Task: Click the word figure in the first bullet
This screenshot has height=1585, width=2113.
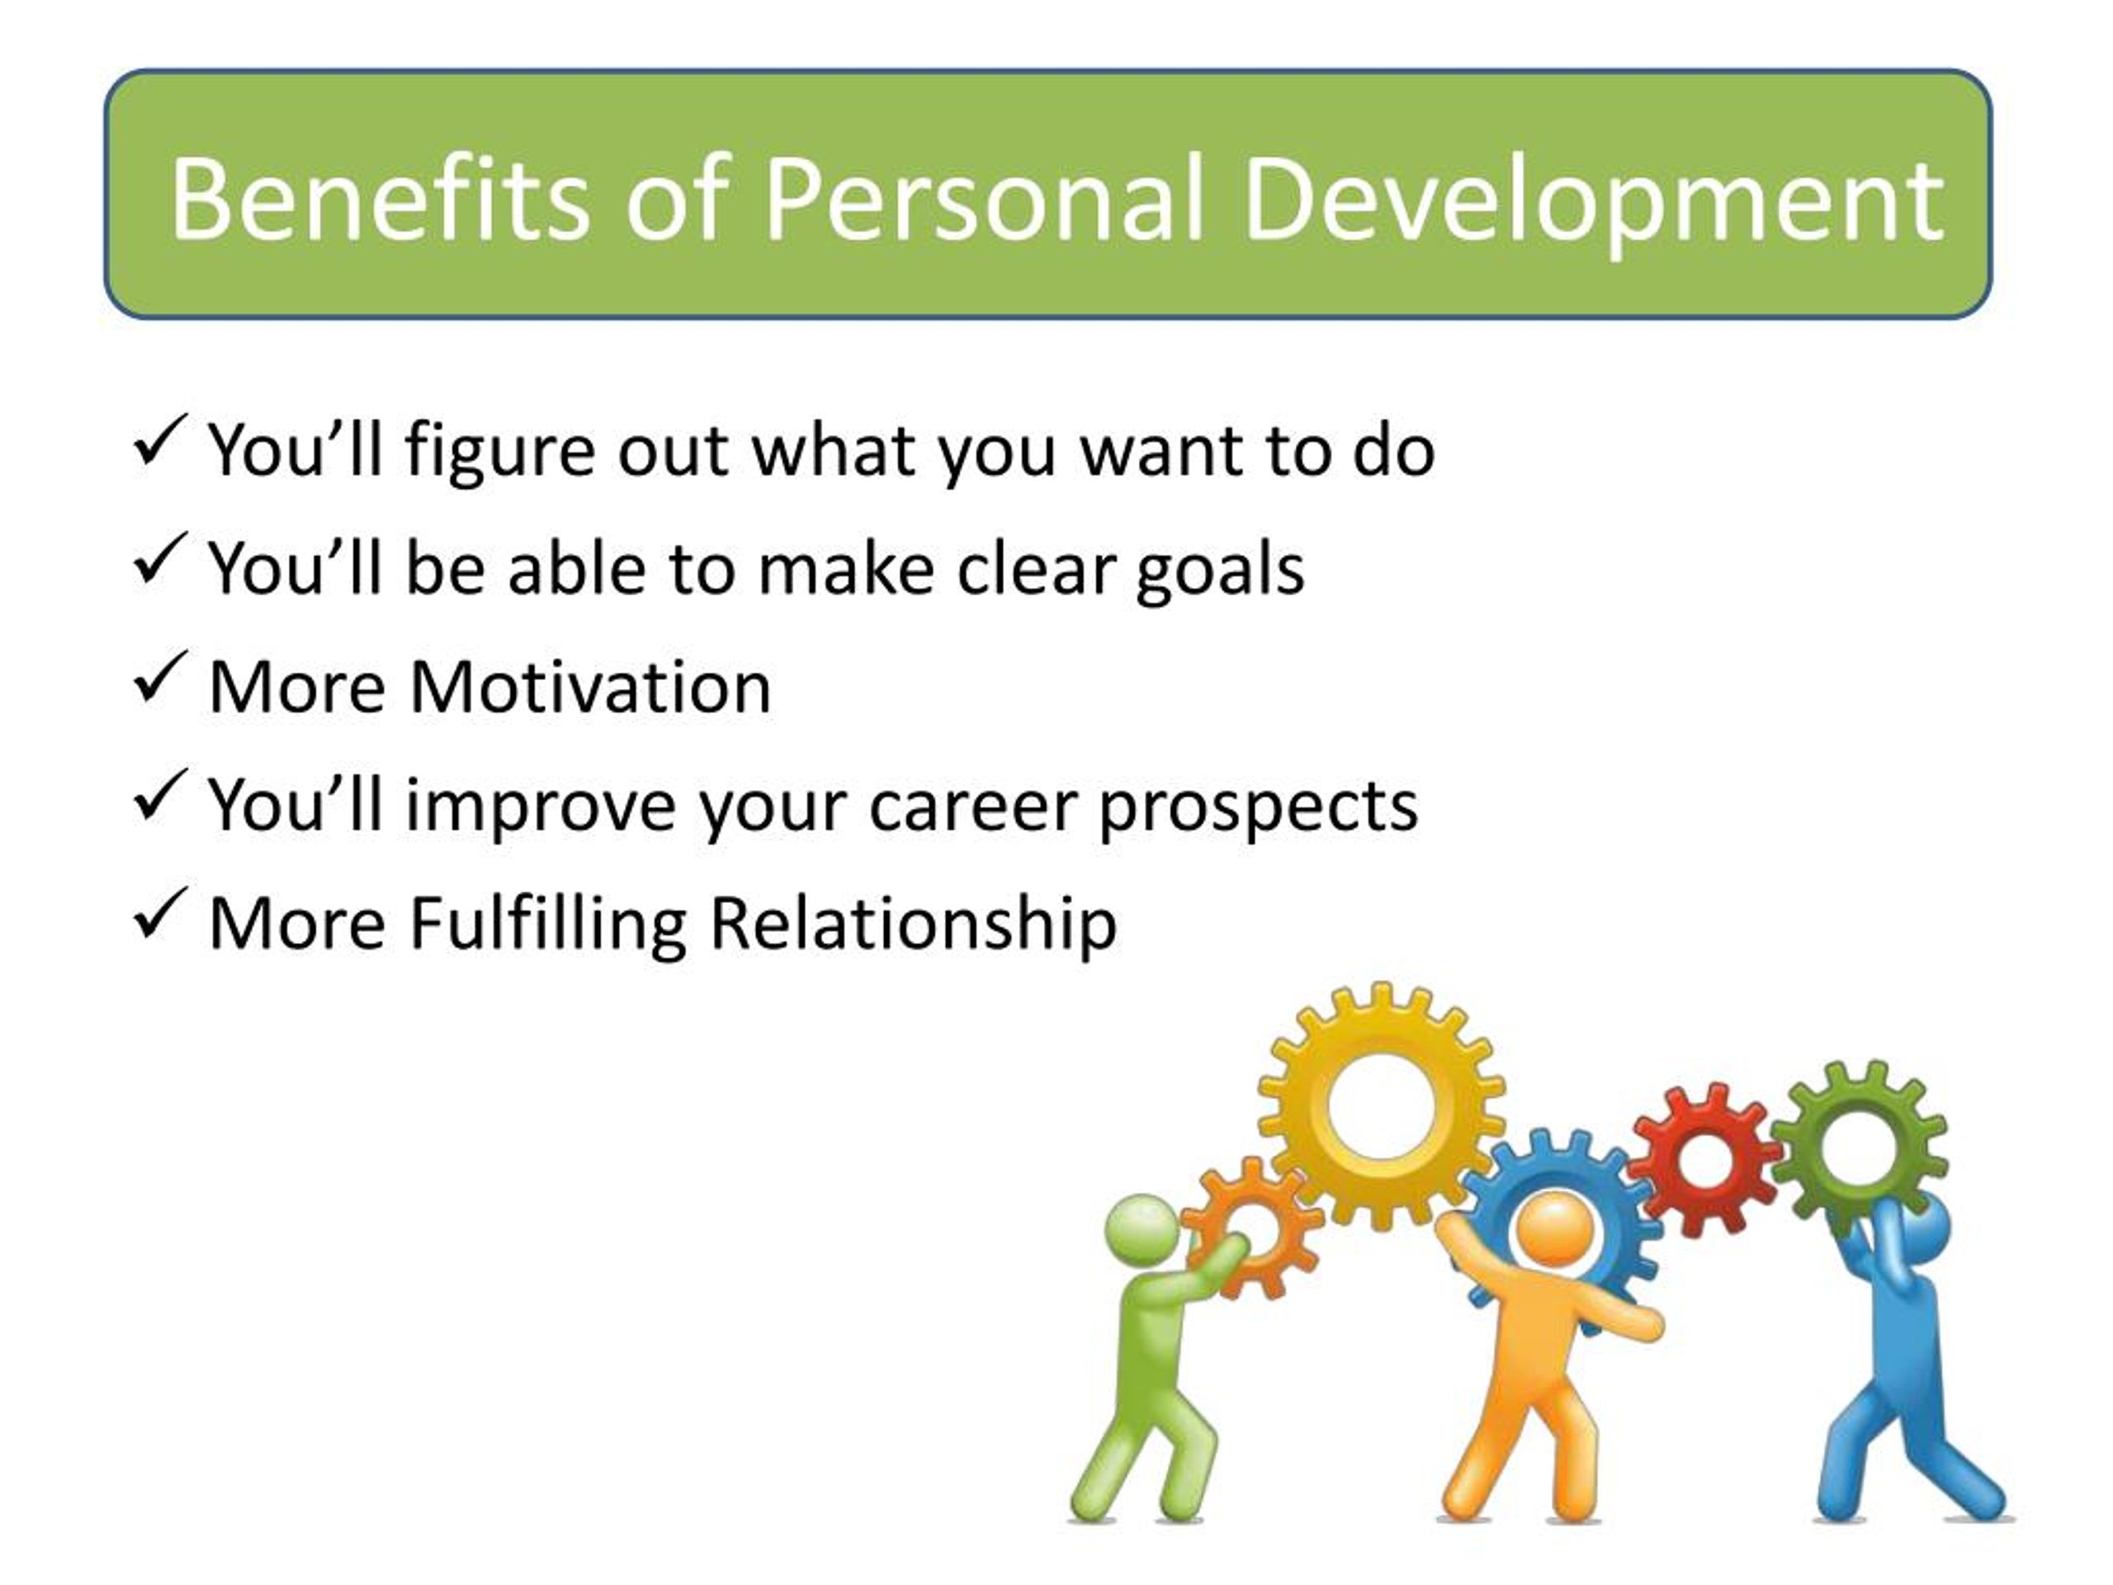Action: tap(500, 453)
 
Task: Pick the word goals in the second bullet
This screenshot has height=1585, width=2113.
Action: tap(1220, 571)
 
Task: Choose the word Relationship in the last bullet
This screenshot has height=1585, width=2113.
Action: tap(913, 925)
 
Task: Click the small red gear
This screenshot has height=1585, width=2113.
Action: tap(1705, 1162)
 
